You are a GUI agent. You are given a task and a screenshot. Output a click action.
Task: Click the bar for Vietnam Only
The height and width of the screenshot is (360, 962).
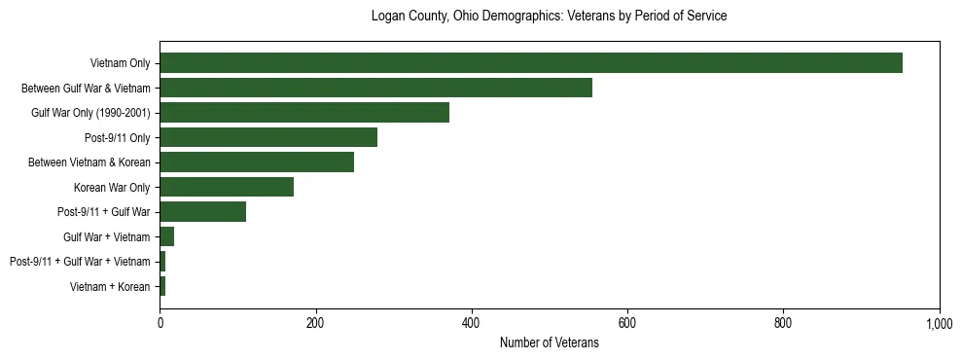[x=531, y=63]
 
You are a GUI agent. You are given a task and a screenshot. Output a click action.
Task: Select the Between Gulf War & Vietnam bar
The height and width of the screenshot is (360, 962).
[x=375, y=88]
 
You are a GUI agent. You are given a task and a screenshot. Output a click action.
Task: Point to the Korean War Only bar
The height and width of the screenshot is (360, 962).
[x=227, y=187]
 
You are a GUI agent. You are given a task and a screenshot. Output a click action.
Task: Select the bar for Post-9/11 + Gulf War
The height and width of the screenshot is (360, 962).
[x=202, y=212]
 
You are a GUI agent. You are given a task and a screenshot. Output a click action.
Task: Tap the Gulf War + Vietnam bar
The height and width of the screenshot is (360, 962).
[x=167, y=236]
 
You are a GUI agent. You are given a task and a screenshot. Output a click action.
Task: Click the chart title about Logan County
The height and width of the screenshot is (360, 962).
[x=550, y=17]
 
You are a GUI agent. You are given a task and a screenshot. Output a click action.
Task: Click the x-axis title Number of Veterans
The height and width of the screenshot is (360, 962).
[x=550, y=342]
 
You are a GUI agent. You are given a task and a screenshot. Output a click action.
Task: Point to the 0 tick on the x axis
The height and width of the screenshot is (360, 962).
[x=160, y=322]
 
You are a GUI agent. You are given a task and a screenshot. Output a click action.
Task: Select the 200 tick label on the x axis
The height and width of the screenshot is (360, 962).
[x=316, y=322]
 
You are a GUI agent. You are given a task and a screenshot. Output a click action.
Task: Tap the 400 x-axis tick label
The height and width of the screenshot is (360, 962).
[x=472, y=322]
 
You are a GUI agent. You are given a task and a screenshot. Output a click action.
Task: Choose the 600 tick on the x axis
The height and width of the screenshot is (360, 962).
[x=627, y=322]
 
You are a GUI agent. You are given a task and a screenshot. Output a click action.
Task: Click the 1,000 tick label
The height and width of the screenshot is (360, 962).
[x=938, y=322]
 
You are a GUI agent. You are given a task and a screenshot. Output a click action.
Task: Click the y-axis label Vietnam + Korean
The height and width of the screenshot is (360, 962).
[x=110, y=287]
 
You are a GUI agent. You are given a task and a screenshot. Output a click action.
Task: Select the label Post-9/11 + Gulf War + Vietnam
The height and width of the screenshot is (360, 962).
[x=80, y=262]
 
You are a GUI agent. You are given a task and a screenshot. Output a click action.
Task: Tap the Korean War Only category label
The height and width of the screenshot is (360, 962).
[x=112, y=188]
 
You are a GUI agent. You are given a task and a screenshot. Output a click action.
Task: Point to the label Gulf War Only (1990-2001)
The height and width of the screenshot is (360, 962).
[x=90, y=113]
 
